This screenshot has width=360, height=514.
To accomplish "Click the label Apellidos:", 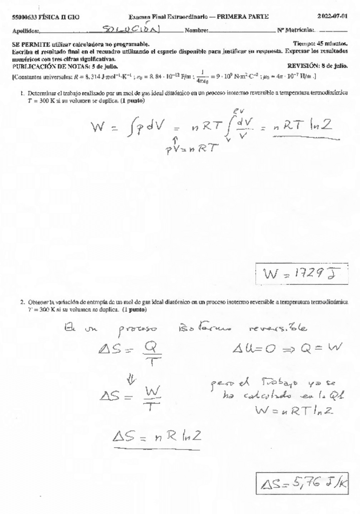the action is click(26, 30).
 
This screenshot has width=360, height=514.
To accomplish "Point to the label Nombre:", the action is click(197, 30).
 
